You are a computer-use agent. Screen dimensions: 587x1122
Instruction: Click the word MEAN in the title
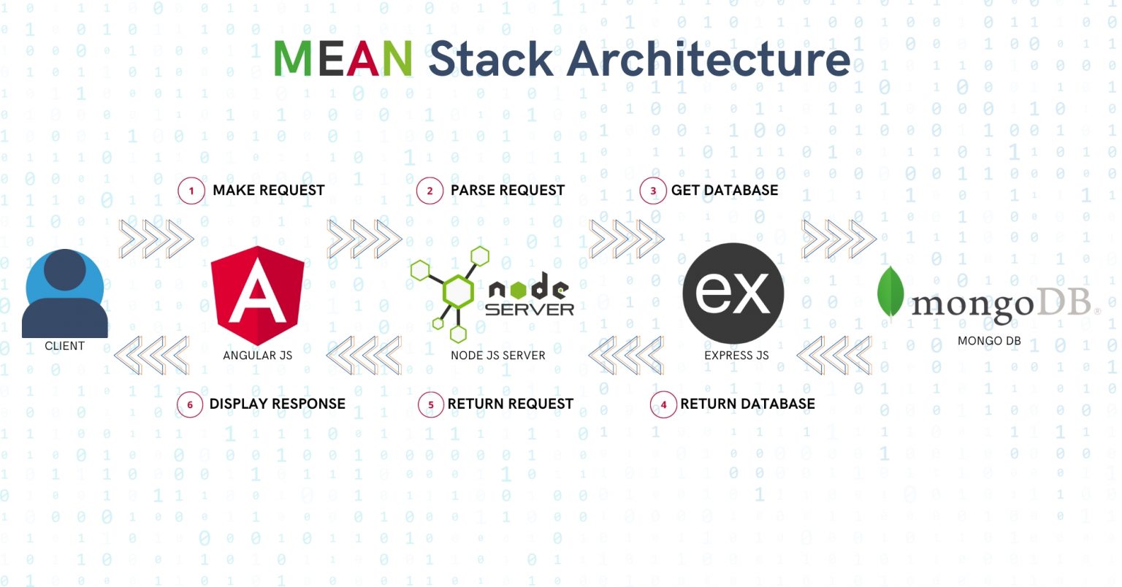(343, 58)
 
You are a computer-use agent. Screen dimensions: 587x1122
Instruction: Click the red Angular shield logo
(257, 295)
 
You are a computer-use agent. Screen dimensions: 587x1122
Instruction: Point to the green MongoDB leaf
(890, 293)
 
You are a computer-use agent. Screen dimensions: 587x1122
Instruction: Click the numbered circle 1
(191, 191)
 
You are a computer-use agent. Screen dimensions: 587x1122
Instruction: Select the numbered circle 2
(430, 191)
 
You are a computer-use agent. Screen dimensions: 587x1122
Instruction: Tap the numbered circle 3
(653, 191)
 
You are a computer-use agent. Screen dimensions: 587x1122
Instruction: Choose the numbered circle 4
(663, 404)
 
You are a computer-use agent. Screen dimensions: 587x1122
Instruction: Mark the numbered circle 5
(431, 404)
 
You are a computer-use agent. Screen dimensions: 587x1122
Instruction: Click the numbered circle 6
(190, 404)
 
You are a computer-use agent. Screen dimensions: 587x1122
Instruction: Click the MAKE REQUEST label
(268, 191)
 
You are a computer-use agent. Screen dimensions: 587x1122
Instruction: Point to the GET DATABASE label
(725, 191)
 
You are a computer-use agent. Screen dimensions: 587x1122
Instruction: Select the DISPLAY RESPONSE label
(277, 404)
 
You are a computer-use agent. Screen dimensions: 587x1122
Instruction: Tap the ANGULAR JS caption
(257, 356)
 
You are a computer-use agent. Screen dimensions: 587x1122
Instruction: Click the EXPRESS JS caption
(736, 356)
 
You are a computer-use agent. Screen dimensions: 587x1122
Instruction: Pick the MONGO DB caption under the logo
(989, 341)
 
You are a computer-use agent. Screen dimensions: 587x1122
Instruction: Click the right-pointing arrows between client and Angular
(156, 239)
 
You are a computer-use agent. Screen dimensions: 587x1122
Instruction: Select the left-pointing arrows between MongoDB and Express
(834, 356)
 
